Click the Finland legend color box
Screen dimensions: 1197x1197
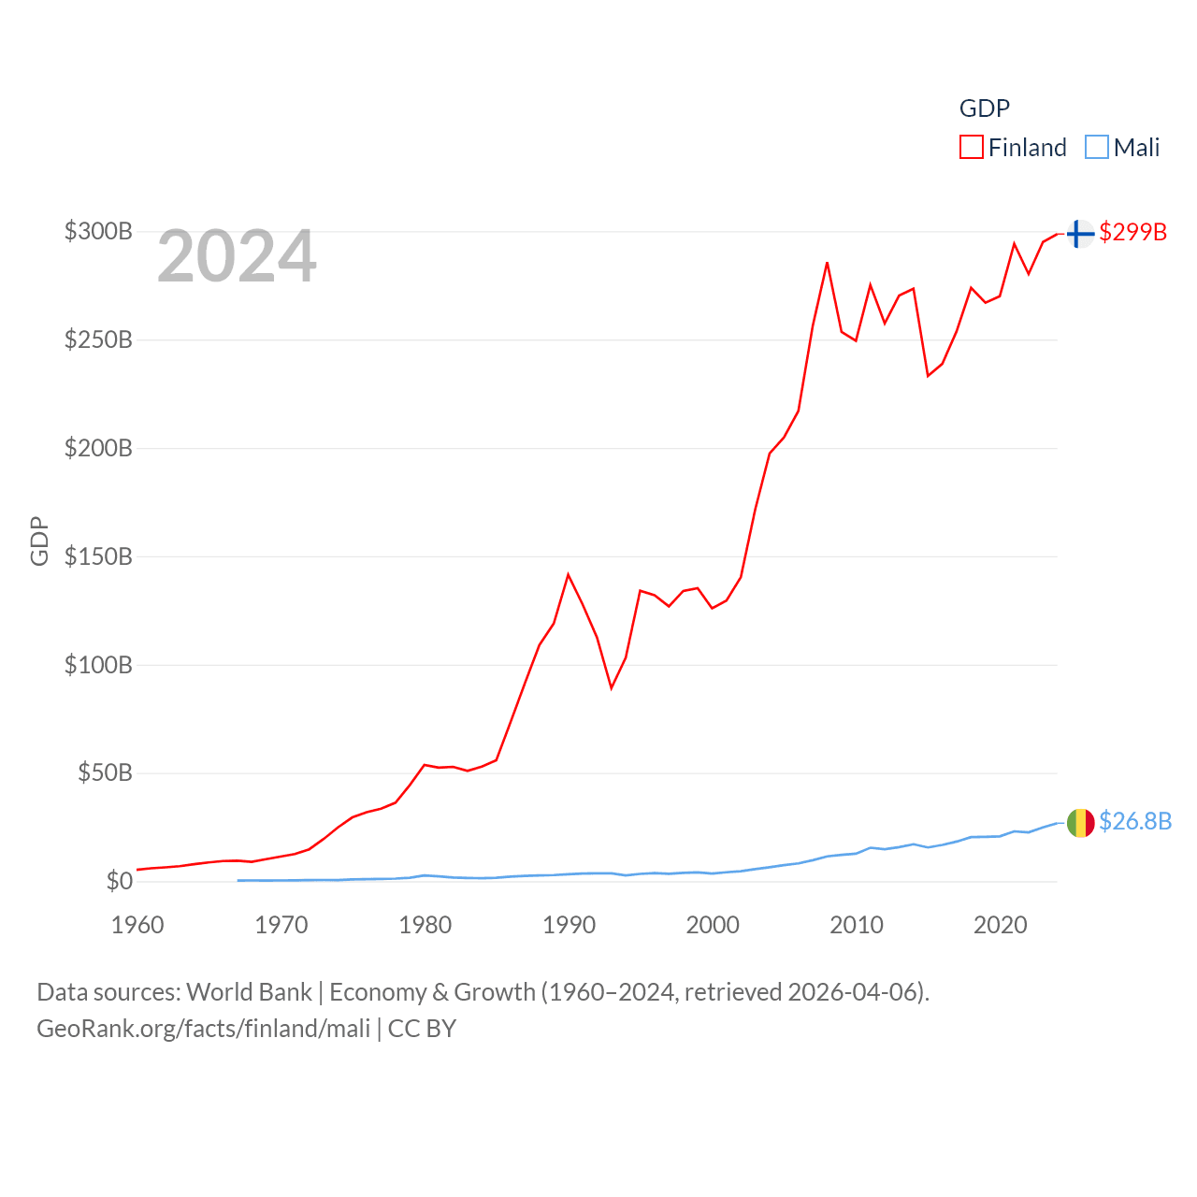tap(971, 148)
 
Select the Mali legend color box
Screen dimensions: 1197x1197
tap(1096, 148)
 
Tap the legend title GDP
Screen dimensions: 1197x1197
tap(984, 108)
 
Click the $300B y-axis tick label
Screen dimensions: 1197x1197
tap(98, 231)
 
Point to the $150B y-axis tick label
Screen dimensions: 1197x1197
tap(98, 556)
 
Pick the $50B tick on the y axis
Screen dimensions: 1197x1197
tap(105, 772)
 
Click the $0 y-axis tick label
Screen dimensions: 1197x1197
tap(119, 881)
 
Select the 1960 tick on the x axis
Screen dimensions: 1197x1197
tap(137, 925)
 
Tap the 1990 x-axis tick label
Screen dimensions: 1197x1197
tap(569, 925)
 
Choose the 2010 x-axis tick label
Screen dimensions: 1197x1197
tap(856, 925)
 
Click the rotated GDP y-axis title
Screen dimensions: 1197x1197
tap(39, 541)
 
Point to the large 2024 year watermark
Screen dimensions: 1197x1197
tap(237, 256)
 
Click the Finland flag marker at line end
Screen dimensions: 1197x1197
tap(1080, 233)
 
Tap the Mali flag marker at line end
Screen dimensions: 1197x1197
tap(1080, 823)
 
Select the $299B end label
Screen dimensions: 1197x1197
tap(1132, 232)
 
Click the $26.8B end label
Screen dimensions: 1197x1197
tap(1134, 821)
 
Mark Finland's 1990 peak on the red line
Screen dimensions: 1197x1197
tap(568, 574)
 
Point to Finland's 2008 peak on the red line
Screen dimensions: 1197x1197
tap(827, 263)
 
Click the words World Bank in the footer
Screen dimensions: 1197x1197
tap(249, 991)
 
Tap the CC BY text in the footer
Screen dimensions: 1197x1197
tap(422, 1029)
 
